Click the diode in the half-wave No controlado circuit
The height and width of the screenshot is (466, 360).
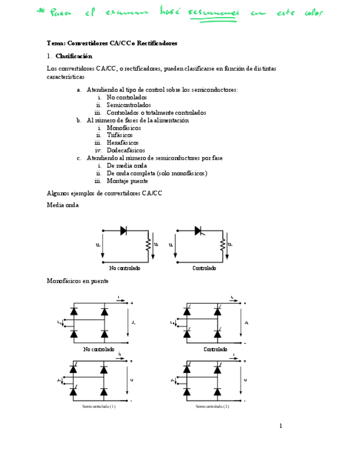(x=124, y=231)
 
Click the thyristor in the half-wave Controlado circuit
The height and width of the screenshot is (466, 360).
(x=198, y=231)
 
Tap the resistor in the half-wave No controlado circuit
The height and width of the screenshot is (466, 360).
(x=148, y=244)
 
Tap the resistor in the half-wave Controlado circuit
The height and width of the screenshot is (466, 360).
(x=222, y=244)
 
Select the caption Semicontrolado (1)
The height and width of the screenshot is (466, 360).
(x=98, y=407)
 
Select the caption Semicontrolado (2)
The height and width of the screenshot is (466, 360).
(x=212, y=407)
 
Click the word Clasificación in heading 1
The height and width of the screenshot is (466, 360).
(x=74, y=56)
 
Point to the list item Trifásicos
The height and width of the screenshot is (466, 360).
(x=119, y=135)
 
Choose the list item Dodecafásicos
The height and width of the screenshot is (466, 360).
(x=126, y=150)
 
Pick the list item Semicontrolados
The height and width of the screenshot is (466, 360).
(x=129, y=105)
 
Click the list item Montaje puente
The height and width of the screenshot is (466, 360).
(x=127, y=181)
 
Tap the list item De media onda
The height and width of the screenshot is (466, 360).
(x=126, y=165)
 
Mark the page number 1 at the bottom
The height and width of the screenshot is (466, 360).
(x=280, y=426)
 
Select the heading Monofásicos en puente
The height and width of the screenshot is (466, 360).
(x=77, y=281)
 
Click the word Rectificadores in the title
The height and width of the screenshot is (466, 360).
(x=157, y=43)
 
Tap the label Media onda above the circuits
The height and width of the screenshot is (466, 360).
(x=63, y=205)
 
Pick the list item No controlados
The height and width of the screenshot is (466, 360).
(x=126, y=97)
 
